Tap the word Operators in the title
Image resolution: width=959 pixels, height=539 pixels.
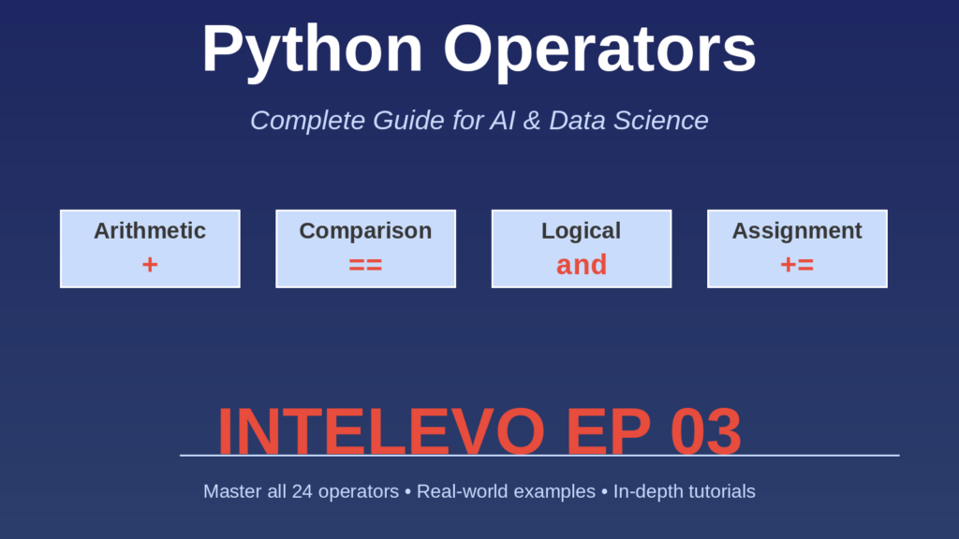tap(599, 49)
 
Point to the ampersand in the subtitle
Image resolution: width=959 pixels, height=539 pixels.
tap(532, 121)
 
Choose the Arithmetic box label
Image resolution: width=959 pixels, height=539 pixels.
tap(150, 231)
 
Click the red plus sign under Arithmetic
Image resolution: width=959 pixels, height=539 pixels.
tap(150, 265)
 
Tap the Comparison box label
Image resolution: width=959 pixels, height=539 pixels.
tap(365, 231)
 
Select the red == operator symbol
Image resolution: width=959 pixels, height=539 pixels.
tap(365, 265)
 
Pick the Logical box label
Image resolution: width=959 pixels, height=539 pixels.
tap(581, 231)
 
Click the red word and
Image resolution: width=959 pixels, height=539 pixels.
tap(581, 265)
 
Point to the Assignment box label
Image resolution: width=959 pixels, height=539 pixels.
tap(797, 231)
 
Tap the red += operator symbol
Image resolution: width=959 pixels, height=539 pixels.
tap(797, 265)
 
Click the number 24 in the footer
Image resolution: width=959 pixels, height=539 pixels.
tap(302, 491)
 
